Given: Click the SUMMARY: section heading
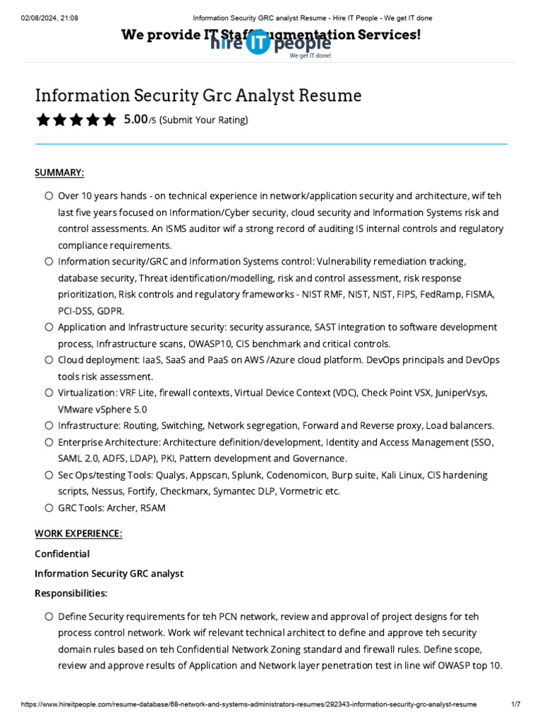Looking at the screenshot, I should [59, 173].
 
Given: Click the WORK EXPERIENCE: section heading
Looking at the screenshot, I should [78, 534].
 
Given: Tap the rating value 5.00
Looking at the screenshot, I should [135, 120].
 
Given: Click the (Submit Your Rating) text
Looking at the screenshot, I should [204, 121].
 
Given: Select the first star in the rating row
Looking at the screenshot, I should [43, 120].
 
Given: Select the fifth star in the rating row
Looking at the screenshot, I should [108, 120].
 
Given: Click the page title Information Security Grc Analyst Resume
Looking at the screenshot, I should [198, 95].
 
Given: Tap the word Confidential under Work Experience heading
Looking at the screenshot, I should [62, 553].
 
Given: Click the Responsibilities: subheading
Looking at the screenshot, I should [71, 593].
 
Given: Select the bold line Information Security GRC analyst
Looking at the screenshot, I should [109, 573].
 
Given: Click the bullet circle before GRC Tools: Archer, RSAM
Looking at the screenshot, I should [48, 508].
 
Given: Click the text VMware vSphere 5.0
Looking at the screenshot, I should [102, 410].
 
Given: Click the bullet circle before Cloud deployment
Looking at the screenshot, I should [48, 360].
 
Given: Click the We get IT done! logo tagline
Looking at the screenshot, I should [310, 55].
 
